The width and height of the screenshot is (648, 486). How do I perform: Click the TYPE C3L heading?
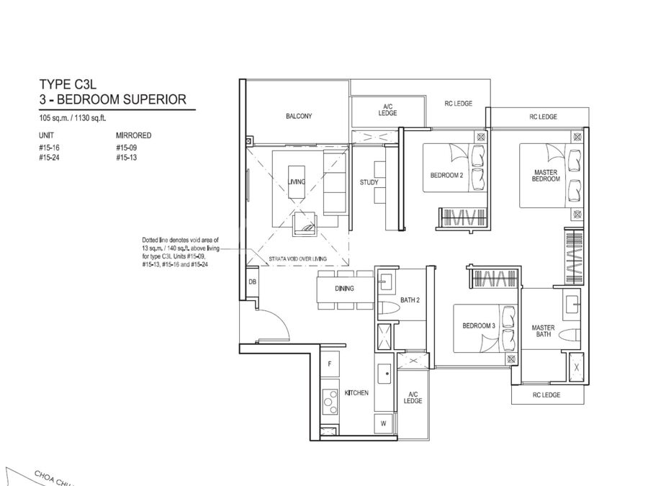point(68,84)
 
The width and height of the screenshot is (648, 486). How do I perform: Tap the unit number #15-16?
point(49,148)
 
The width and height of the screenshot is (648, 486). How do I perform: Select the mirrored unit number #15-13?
point(127,158)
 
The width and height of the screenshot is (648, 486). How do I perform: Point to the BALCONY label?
point(299,116)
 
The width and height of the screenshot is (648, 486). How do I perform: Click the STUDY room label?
point(369,182)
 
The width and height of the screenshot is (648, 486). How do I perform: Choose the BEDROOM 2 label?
point(446,175)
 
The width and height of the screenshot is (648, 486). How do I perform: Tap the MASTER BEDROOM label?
point(546,176)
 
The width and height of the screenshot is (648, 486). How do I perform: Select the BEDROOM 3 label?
point(479,325)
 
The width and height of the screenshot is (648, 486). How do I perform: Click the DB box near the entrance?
point(253,282)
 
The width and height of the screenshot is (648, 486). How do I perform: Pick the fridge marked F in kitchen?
point(330,364)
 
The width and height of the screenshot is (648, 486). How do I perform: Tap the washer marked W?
point(384,423)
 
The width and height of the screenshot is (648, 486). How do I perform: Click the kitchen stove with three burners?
point(330,401)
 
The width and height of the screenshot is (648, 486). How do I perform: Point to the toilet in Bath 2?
point(386,309)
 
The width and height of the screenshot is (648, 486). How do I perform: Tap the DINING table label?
point(344,289)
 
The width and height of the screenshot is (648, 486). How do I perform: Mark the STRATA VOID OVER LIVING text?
point(297,259)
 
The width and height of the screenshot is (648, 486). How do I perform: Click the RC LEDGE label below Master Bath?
point(546,395)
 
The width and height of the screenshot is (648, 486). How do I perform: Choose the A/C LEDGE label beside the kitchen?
point(413,397)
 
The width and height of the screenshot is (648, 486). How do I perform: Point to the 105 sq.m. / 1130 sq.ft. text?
point(73,118)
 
